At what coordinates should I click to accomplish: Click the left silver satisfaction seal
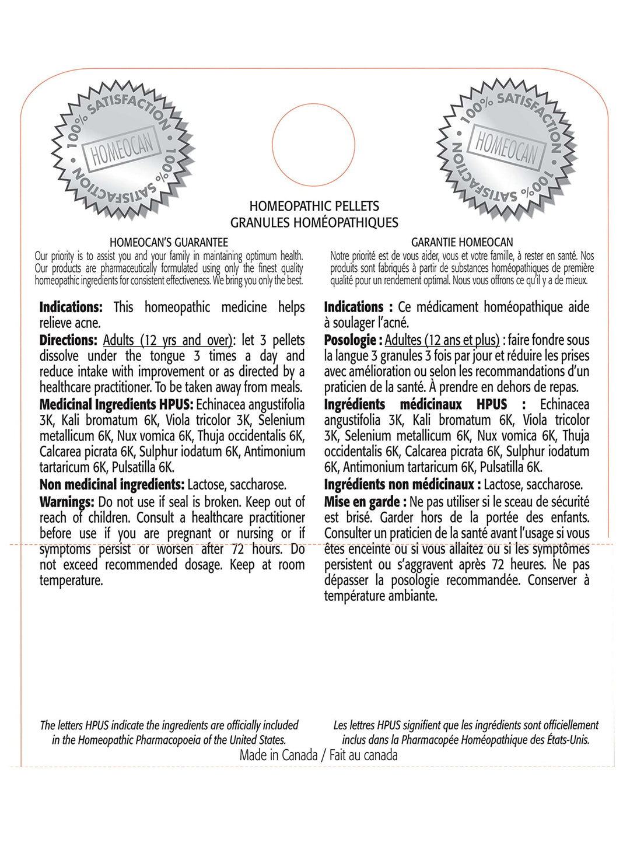[x=122, y=149]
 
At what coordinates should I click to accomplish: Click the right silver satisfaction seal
[x=506, y=149]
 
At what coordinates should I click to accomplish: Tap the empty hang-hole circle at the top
[x=313, y=145]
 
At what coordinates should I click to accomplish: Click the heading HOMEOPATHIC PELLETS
[x=314, y=206]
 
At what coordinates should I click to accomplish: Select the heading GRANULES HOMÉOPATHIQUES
[x=314, y=222]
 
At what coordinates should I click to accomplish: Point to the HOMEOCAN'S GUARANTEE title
[x=169, y=242]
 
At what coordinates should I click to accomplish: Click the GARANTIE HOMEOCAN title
[x=462, y=242]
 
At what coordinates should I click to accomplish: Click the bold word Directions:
[x=68, y=340]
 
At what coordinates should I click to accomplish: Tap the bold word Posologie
[x=350, y=340]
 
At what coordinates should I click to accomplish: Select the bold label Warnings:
[x=66, y=502]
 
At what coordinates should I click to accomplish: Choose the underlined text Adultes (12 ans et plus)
[x=442, y=340]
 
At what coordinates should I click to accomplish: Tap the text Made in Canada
[x=278, y=755]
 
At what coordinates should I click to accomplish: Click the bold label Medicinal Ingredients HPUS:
[x=116, y=404]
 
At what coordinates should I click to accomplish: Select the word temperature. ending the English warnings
[x=71, y=581]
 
